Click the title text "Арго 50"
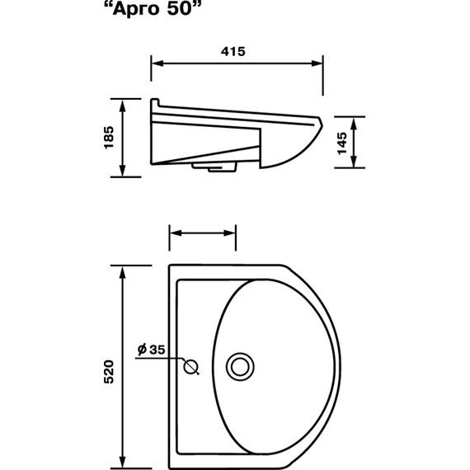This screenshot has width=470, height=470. pos(152,8)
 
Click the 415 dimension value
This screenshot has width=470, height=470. pos(233,52)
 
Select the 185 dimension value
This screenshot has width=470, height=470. pos(109,138)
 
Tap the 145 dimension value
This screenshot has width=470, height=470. pos(342,143)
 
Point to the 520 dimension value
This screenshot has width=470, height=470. pos(109,372)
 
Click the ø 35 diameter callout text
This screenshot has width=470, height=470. pos(152,350)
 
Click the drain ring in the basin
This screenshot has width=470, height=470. pos(240,367)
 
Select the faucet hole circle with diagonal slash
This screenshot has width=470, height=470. pos(191,367)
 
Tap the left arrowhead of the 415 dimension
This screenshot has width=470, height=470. pos(157,63)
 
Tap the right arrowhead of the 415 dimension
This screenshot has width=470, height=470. pos(317,63)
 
